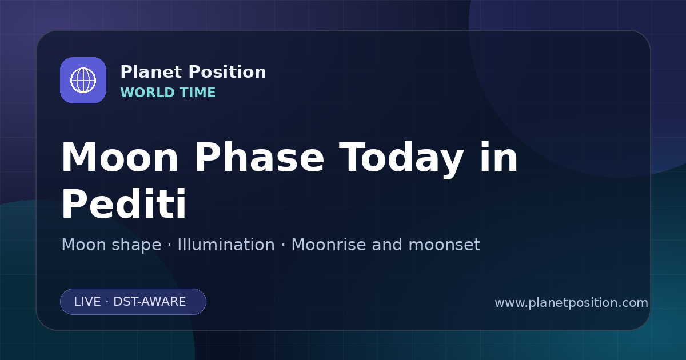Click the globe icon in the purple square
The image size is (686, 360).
coord(83,80)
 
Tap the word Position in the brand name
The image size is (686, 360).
coord(228,72)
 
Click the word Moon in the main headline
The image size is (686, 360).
coord(119,157)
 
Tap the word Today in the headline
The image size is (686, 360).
coord(401,160)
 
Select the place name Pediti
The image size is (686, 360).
coord(124,203)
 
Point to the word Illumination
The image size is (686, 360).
coord(226,245)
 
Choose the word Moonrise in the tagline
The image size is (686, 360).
coord(329,245)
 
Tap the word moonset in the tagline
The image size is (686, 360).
coord(444,245)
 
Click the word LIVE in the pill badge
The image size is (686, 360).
coord(87,302)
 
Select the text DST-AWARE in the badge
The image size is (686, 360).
coord(149,302)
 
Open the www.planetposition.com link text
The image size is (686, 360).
coord(572,303)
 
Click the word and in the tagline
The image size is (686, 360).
coord(387,245)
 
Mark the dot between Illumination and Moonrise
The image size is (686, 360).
coord(283,245)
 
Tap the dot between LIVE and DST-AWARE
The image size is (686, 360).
coord(107,302)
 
